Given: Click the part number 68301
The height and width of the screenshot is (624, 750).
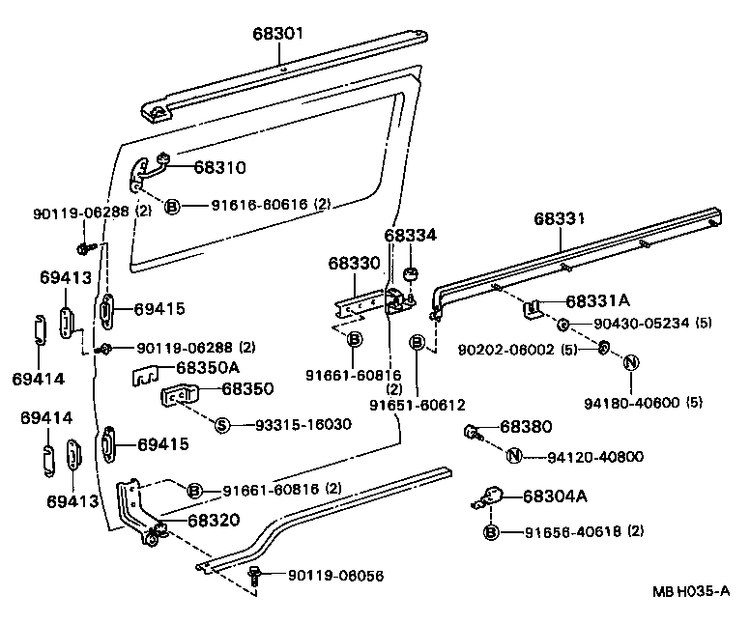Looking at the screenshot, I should click(277, 34).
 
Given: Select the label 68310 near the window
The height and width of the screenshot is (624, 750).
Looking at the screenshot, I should click(219, 167).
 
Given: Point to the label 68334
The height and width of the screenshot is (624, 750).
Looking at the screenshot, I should click(410, 235).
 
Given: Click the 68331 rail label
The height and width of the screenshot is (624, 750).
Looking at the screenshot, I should click(560, 219).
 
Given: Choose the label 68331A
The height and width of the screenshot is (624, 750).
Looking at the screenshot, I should click(597, 300).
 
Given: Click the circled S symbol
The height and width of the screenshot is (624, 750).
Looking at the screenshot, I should click(220, 425).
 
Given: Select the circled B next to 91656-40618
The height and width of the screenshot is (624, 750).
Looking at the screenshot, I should click(491, 531).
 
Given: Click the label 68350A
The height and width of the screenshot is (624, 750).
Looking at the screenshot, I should click(208, 367).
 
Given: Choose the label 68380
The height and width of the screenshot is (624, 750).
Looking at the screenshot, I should click(526, 425).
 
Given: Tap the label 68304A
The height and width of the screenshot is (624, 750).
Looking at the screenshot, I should click(554, 496).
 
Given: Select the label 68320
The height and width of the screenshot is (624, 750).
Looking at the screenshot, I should click(214, 520).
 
